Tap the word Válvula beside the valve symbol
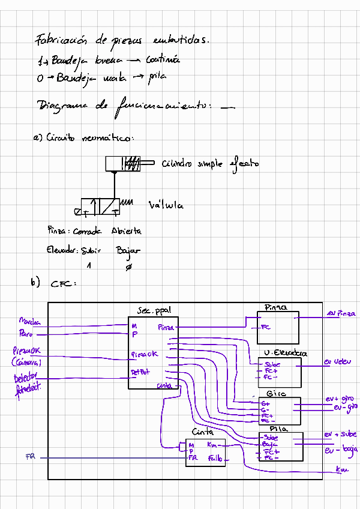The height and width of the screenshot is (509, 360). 166,206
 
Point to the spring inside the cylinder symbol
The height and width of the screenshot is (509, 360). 133,163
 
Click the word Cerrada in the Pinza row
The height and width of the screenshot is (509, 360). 89,231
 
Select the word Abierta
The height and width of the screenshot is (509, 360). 126,231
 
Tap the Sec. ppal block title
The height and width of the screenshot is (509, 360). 154,312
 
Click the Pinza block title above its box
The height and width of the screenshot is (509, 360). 276,307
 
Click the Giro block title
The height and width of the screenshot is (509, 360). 275,394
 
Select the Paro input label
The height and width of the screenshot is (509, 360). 26,334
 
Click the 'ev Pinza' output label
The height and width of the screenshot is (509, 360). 341,313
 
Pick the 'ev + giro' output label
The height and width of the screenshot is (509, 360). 340,399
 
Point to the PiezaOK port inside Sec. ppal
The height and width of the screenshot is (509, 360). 145,355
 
